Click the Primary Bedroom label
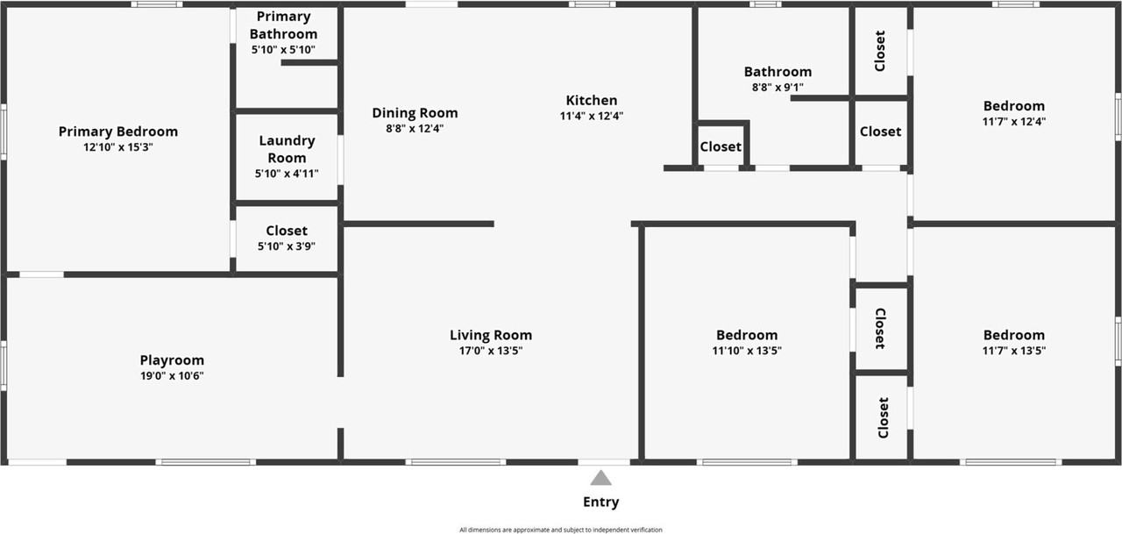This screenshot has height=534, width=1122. [x=118, y=132]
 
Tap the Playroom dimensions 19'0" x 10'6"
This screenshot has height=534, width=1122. [x=172, y=375]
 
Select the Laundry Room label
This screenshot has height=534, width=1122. [x=287, y=149]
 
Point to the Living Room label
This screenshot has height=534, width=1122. [x=491, y=335]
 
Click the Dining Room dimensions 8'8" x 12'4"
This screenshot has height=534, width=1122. [x=415, y=128]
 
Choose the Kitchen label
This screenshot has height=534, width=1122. [x=592, y=100]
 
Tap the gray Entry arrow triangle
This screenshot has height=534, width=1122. [x=600, y=478]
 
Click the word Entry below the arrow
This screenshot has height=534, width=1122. [x=601, y=502]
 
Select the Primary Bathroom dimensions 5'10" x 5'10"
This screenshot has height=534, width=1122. [x=283, y=50]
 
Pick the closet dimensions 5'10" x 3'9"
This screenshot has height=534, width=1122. [x=287, y=246]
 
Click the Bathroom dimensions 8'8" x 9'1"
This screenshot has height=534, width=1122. [x=778, y=87]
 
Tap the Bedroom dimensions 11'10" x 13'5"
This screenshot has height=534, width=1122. [x=747, y=351]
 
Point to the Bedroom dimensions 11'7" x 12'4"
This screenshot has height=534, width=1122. [x=1014, y=122]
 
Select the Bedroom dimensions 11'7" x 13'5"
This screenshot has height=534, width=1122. [x=1014, y=351]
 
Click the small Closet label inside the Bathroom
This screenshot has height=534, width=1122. [x=721, y=146]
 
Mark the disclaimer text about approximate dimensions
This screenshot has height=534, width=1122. [x=561, y=530]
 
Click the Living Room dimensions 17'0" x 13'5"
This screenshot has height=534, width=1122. [x=491, y=351]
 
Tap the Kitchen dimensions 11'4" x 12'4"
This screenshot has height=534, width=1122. [x=592, y=116]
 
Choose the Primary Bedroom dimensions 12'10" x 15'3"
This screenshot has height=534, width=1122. [x=118, y=147]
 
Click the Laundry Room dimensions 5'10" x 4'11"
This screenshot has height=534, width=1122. [x=287, y=174]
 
